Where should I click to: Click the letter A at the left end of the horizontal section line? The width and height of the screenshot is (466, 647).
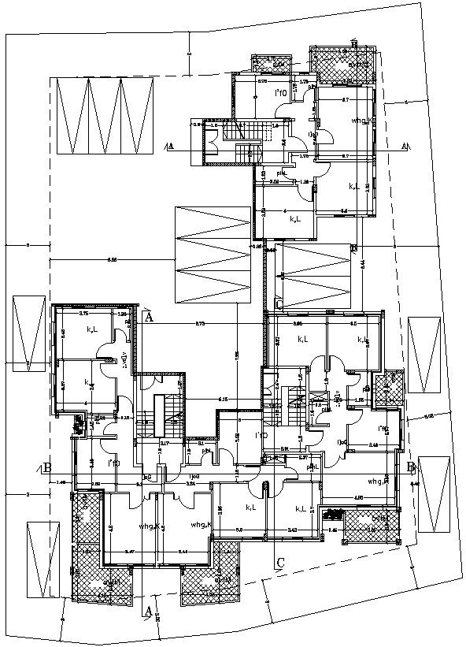point(170,146)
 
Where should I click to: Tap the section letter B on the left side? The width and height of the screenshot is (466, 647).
point(47,468)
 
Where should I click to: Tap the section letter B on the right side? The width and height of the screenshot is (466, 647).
point(411,467)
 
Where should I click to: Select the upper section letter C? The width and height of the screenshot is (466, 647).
point(279,305)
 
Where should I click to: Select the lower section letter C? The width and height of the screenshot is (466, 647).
point(279,563)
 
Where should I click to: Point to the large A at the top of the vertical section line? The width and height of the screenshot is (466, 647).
point(148,316)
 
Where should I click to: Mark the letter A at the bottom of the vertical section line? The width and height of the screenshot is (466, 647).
point(148,611)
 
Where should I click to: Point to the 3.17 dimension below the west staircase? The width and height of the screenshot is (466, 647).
point(165,444)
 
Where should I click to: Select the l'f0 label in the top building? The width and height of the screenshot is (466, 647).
point(279,94)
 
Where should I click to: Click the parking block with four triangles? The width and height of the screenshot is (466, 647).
point(103,117)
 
